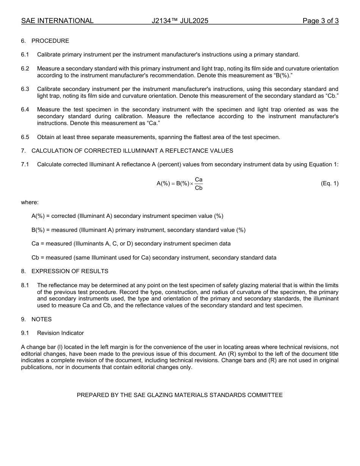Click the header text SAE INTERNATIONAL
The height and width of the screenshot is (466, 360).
(57, 21)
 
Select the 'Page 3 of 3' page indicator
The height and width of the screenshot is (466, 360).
(320, 21)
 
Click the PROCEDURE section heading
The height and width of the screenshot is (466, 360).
(50, 41)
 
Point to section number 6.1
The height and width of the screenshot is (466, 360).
(25, 55)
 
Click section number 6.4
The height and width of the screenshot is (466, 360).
(25, 109)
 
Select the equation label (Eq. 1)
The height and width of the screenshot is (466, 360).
(329, 183)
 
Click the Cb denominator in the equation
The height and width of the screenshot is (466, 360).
(199, 188)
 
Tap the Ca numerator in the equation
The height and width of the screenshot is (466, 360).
(199, 179)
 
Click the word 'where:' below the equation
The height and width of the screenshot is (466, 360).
(30, 202)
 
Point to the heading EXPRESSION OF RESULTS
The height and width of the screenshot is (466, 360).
(70, 271)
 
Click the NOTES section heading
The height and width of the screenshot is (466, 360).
(41, 319)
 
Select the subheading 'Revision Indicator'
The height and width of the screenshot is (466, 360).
(60, 333)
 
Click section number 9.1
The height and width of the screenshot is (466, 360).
(25, 333)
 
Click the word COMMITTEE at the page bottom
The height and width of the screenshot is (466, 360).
(265, 395)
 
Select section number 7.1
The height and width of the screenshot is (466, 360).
(25, 164)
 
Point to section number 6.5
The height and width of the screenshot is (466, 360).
(25, 137)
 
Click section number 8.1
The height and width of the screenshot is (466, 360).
(25, 285)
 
